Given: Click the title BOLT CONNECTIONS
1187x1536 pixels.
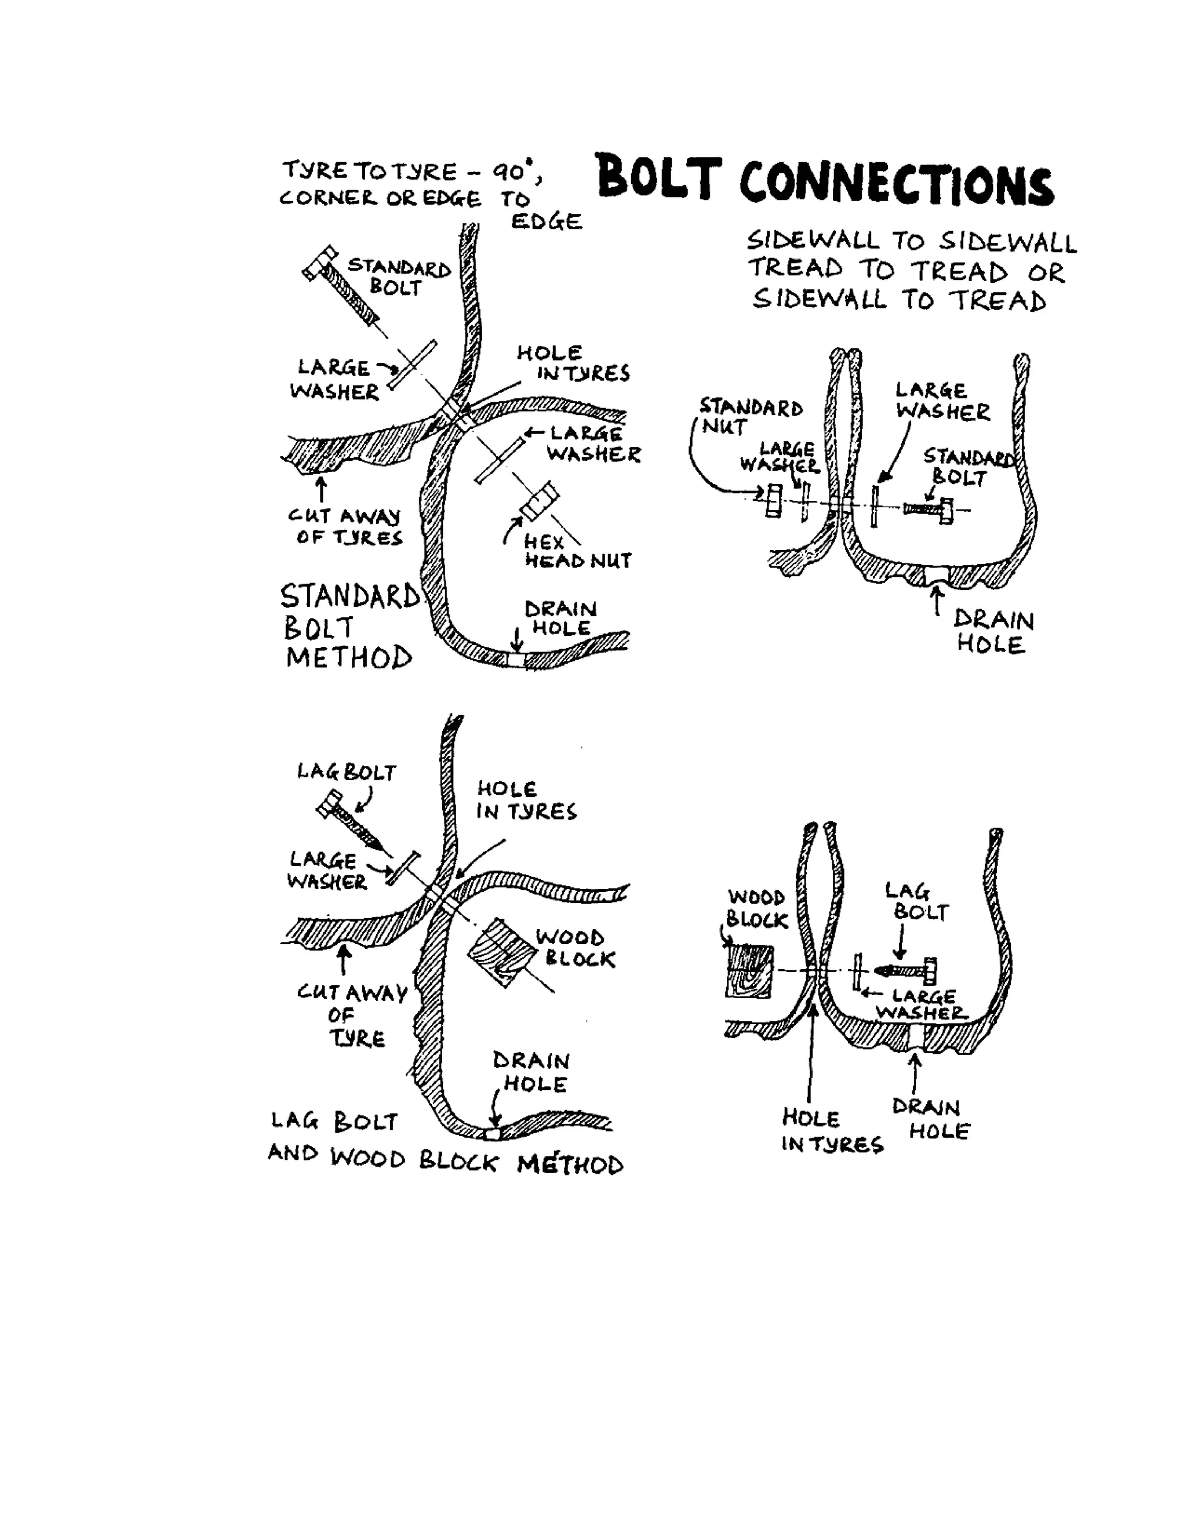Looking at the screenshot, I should tap(824, 181).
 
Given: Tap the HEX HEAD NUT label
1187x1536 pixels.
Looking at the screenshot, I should tap(577, 552).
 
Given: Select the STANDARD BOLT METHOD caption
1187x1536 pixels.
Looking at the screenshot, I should tap(349, 627).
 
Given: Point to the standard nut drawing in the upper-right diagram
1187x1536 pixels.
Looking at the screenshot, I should tap(774, 501).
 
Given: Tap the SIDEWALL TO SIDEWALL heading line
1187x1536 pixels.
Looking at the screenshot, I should tap(911, 241).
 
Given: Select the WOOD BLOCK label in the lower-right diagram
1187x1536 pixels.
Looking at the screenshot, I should tap(756, 909).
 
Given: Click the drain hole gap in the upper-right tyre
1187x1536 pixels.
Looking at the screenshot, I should tap(936, 574).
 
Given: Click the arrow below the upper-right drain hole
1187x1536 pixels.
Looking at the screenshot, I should tap(937, 601).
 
